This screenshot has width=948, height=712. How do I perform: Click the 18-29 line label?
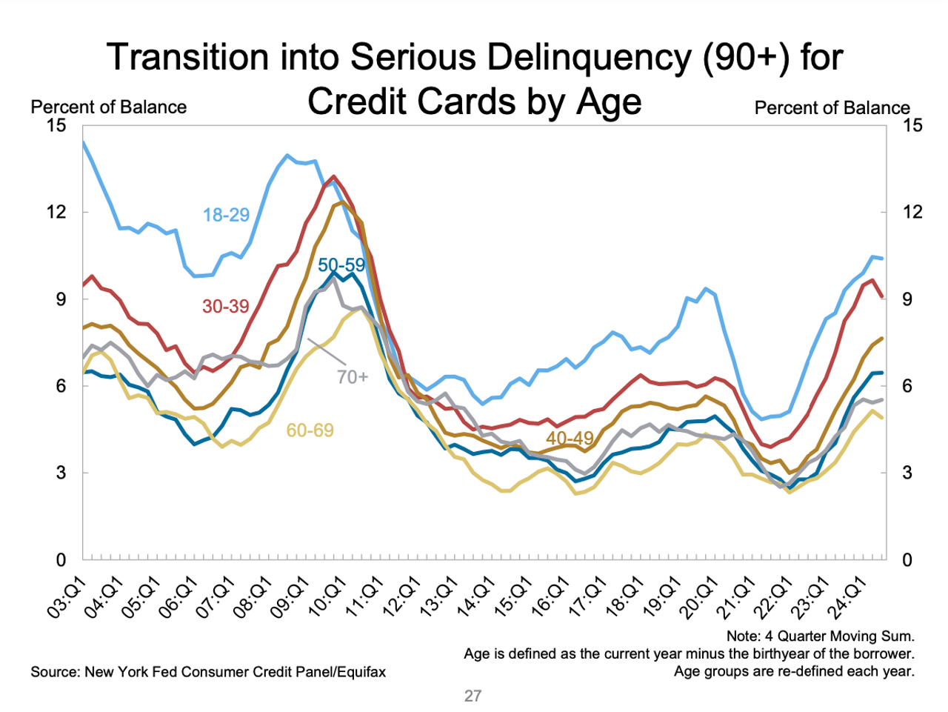coord(226,215)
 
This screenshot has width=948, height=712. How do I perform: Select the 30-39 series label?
coord(225,307)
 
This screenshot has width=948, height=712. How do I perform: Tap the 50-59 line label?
coord(341,265)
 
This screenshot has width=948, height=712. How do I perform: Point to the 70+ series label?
coord(352,377)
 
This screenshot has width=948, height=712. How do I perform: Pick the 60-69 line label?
coord(310,430)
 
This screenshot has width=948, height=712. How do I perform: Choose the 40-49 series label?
coord(570,439)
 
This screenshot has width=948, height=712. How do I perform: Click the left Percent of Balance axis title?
coord(108,107)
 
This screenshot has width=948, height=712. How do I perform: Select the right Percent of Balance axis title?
coord(832,108)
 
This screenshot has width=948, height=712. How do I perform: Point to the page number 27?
coord(473,696)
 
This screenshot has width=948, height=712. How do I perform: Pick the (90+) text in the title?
coord(746,58)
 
